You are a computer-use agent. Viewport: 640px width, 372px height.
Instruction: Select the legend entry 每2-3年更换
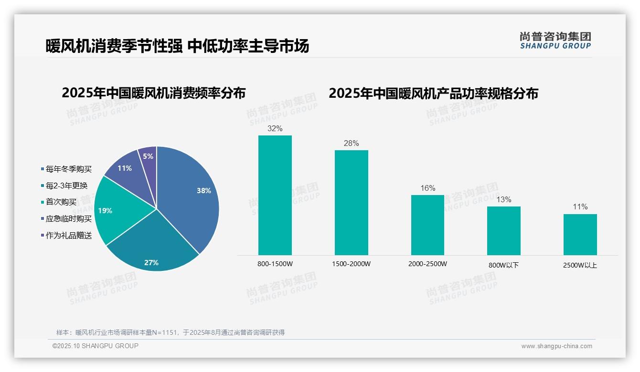[x=66, y=186]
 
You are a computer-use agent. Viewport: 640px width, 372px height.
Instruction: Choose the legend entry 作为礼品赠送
[x=68, y=236]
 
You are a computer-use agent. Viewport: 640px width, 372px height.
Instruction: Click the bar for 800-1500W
[x=275, y=196]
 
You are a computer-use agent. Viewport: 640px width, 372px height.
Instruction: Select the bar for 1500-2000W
[x=351, y=203]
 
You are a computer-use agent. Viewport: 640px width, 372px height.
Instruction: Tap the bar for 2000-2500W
[x=427, y=225]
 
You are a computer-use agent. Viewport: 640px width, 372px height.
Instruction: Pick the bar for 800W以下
[x=504, y=231]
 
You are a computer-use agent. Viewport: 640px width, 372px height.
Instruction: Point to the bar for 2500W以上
[x=580, y=235]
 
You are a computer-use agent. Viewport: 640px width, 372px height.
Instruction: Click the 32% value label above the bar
[x=275, y=128]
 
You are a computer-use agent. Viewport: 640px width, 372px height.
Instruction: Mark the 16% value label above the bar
[x=427, y=188]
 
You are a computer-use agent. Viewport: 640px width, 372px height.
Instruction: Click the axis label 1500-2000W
[x=351, y=264]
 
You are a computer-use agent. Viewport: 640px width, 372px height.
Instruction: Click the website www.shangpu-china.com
[x=556, y=346]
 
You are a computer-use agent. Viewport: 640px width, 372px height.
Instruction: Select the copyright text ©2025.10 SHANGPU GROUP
[x=96, y=346]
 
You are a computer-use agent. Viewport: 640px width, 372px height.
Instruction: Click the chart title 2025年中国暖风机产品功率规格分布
[x=433, y=93]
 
